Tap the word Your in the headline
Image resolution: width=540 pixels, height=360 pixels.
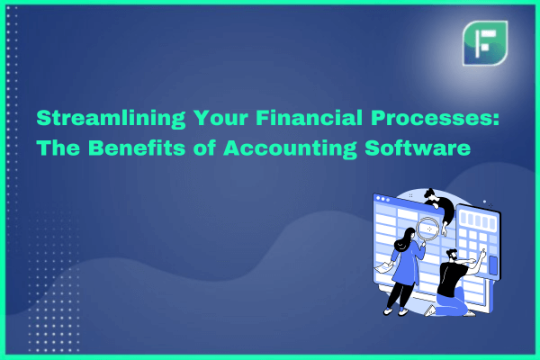click(x=220, y=118)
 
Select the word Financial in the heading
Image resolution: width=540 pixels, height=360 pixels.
click(x=309, y=118)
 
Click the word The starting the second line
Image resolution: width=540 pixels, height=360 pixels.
click(x=58, y=148)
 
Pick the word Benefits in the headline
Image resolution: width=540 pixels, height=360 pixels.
click(x=137, y=148)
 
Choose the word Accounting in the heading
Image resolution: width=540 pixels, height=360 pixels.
click(x=290, y=148)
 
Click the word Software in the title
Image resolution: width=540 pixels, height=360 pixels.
click(x=418, y=148)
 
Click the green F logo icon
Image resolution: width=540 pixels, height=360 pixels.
click(x=485, y=43)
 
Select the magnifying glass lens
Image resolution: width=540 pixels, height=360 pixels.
click(x=428, y=229)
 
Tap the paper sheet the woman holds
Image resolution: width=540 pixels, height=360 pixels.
click(x=383, y=267)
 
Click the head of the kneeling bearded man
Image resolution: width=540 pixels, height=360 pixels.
click(x=452, y=255)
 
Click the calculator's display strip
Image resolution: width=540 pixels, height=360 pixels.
click(x=479, y=219)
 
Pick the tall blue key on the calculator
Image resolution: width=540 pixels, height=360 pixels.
click(x=493, y=265)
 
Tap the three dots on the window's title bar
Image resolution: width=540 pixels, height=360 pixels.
click(x=383, y=199)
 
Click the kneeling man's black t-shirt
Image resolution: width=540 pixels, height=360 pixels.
click(x=451, y=278)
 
